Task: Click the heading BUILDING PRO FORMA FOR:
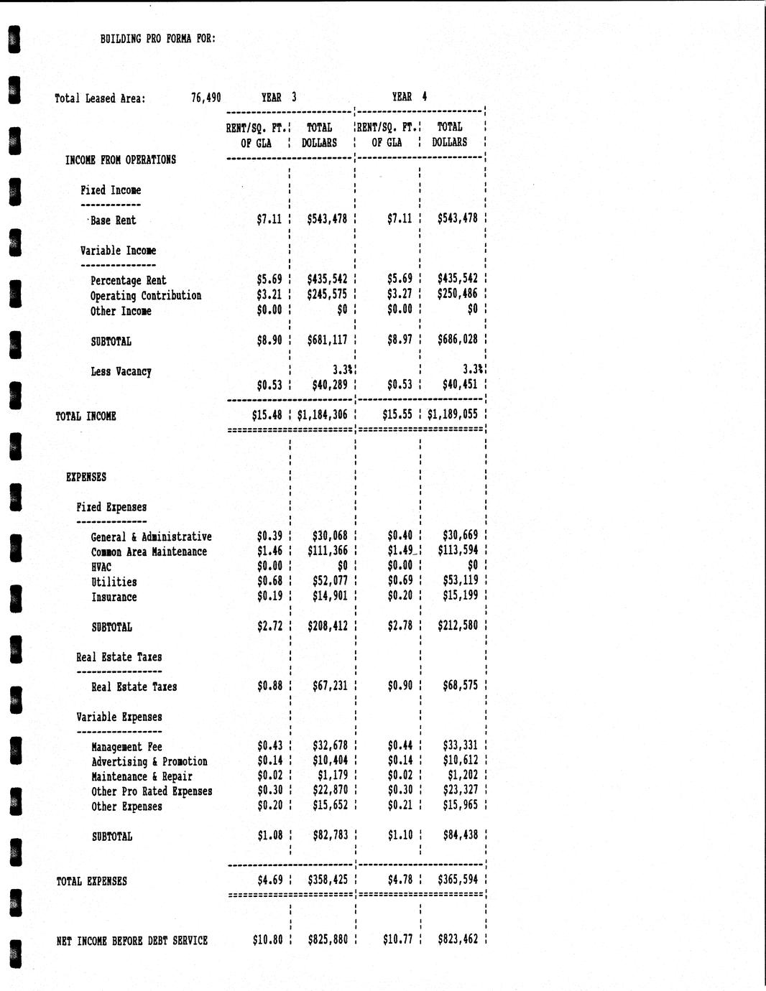tap(158, 39)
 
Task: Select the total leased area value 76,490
tap(206, 98)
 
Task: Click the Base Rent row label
tap(113, 220)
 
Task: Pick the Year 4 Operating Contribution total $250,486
tap(457, 294)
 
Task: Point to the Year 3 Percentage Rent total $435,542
tap(327, 279)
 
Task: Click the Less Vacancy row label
tap(121, 371)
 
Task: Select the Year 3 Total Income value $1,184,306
tap(322, 414)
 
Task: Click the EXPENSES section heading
tap(86, 477)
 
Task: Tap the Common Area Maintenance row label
tap(149, 552)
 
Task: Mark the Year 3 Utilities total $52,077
tap(330, 581)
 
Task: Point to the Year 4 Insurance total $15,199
tap(460, 596)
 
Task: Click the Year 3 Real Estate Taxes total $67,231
tap(330, 686)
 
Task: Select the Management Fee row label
tap(126, 747)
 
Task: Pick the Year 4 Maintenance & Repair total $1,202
tap(463, 776)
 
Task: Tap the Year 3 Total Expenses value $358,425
tap(327, 880)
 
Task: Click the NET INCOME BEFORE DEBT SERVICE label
tap(132, 940)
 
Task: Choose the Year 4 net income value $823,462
tap(457, 939)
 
